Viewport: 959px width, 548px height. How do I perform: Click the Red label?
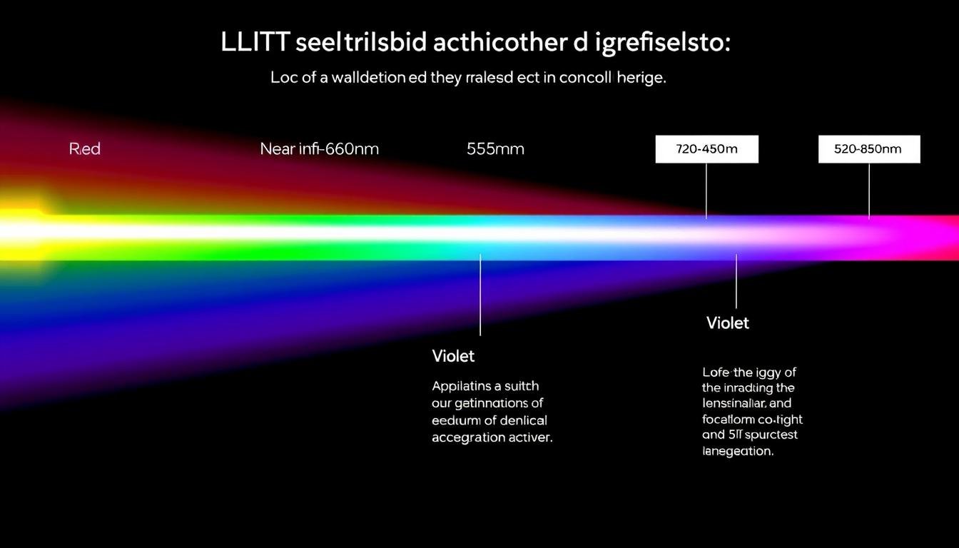[85, 149]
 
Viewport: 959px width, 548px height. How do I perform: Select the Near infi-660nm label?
[319, 149]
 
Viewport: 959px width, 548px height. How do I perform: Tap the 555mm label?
[495, 149]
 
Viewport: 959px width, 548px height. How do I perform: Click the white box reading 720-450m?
[706, 149]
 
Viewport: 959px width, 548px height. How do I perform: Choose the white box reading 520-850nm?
[868, 149]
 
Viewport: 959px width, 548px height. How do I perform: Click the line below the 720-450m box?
[706, 191]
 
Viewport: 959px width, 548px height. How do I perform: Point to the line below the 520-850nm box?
[868, 191]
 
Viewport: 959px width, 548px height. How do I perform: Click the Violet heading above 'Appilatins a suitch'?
[453, 355]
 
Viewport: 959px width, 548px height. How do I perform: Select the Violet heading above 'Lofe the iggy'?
[727, 323]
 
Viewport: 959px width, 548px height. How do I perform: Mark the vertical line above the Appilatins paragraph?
[480, 294]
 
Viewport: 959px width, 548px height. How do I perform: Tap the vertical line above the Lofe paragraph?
[736, 281]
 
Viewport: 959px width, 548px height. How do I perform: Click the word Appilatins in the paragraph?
[462, 386]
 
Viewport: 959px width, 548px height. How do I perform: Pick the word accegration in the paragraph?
[464, 437]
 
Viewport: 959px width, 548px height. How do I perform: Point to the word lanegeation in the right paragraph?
[737, 451]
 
